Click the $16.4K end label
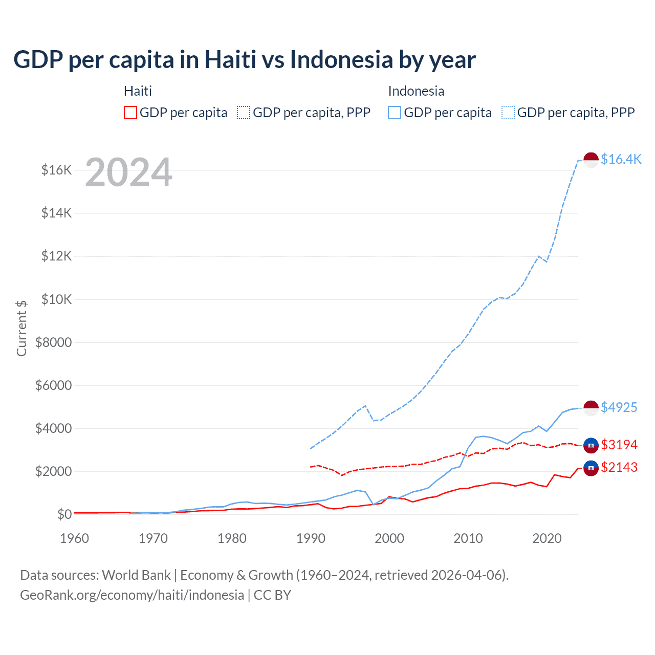pos(621,159)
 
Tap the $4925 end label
pos(619,407)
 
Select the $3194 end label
pos(619,445)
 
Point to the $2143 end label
pos(619,467)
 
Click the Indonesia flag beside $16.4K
pos(591,160)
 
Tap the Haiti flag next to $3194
pos(591,445)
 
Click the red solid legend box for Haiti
pos(130,113)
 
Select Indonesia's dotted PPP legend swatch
pos(508,113)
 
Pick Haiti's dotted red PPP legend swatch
pos(244,113)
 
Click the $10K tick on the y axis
pos(56,299)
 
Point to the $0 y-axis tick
pos(64,514)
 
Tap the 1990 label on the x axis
pos(311,538)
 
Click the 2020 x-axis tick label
pos(547,538)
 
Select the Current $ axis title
pos(21,328)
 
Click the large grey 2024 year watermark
pos(128,172)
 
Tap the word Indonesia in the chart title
pos(341,59)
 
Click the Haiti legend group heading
pos(138,91)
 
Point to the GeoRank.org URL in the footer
pos(132,595)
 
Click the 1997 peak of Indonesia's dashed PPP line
pos(365,406)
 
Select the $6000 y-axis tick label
pos(53,385)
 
